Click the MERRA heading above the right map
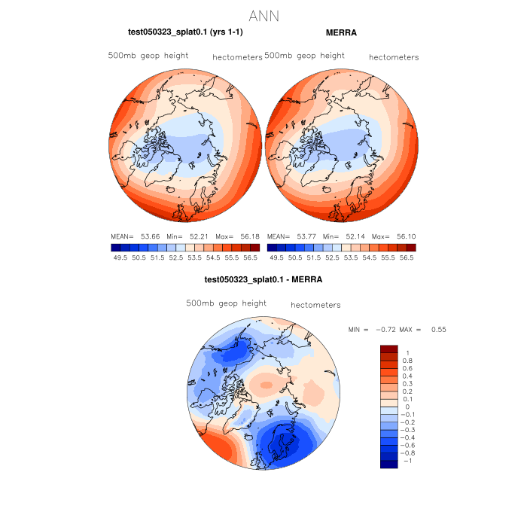pos(341,33)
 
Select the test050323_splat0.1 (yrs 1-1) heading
pos(185,33)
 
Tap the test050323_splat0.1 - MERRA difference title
pos(263,279)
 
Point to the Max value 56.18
pos(250,236)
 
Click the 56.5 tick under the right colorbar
pos(407,257)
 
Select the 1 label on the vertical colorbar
pos(407,353)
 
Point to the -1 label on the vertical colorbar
pos(407,460)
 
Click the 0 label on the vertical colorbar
pos(407,407)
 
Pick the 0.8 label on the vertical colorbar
pos(407,361)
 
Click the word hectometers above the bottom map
pos(315,305)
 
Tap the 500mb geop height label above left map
pos(148,56)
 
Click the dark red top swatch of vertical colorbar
pos(388,349)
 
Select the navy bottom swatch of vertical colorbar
pos(388,464)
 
